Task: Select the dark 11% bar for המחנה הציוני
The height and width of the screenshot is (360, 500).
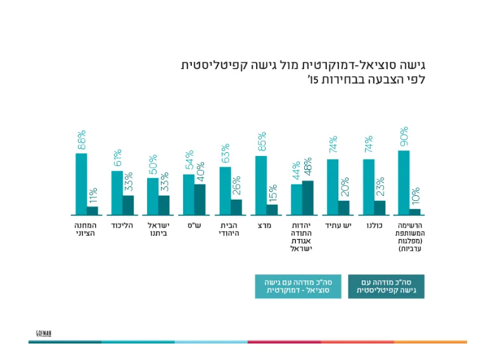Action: pyautogui.click(x=93, y=211)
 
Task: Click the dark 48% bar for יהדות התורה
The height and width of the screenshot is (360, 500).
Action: pyautogui.click(x=308, y=198)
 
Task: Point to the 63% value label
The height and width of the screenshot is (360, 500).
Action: pyautogui.click(x=225, y=154)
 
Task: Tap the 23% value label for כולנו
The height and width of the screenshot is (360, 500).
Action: pyautogui.click(x=380, y=189)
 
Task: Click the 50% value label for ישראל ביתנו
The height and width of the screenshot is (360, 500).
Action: pyautogui.click(x=152, y=165)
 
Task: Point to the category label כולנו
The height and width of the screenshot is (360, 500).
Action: pyautogui.click(x=373, y=225)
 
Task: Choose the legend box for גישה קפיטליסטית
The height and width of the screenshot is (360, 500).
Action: pyautogui.click(x=387, y=286)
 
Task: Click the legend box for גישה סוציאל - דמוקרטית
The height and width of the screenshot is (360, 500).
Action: pyautogui.click(x=298, y=286)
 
